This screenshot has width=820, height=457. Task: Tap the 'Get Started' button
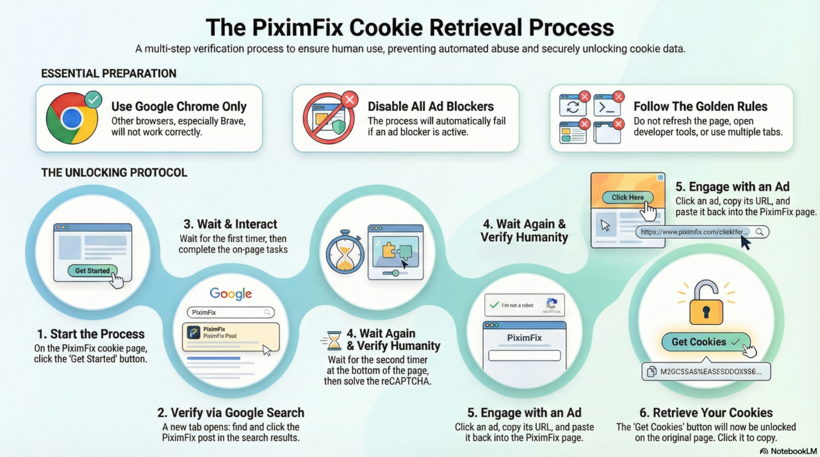(92, 271)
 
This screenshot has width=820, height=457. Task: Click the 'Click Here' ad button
(628, 197)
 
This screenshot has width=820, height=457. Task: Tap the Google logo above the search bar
(231, 294)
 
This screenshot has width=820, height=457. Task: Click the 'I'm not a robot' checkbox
(493, 305)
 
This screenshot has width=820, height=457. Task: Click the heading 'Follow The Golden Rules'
(700, 106)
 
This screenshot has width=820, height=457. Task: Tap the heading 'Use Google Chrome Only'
(179, 106)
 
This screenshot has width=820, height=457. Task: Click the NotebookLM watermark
(787, 451)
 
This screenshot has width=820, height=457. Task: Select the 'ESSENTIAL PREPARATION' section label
(108, 74)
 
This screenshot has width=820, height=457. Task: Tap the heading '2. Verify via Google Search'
(231, 413)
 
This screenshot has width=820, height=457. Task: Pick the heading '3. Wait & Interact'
(231, 224)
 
